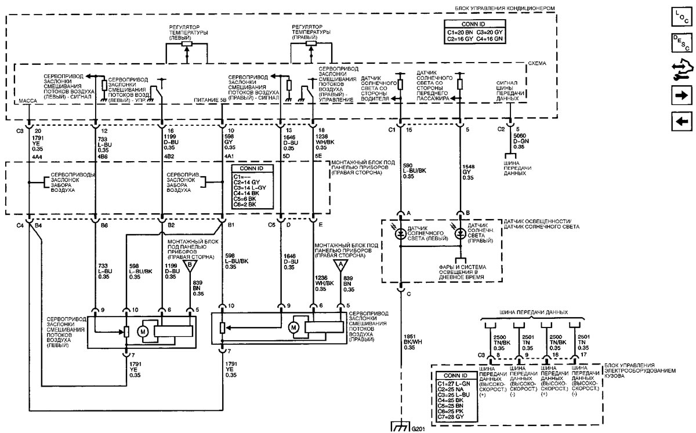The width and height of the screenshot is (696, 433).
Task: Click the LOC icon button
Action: (681, 16)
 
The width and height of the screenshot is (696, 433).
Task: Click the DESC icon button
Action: (681, 42)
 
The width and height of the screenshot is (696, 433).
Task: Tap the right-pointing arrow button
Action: (681, 96)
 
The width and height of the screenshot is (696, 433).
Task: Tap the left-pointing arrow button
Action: (681, 121)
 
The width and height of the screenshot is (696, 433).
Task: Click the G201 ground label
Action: (418, 429)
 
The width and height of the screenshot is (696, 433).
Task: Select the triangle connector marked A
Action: (340, 265)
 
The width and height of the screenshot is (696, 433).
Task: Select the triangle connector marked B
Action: (190, 266)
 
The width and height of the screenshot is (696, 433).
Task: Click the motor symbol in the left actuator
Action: (143, 332)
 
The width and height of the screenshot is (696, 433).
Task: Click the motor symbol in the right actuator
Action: (293, 328)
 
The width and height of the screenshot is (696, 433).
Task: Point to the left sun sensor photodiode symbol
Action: (400, 234)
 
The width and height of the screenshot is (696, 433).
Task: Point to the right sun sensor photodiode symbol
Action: (460, 234)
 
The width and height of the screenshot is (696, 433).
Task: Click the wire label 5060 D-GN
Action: (521, 141)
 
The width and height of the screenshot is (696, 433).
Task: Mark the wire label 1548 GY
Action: (468, 172)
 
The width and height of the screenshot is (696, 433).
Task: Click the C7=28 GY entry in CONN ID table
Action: (451, 417)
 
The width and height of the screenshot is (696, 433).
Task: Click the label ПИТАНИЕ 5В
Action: (210, 100)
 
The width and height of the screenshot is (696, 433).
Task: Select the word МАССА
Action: (28, 101)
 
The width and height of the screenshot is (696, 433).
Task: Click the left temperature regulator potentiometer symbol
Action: (187, 44)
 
